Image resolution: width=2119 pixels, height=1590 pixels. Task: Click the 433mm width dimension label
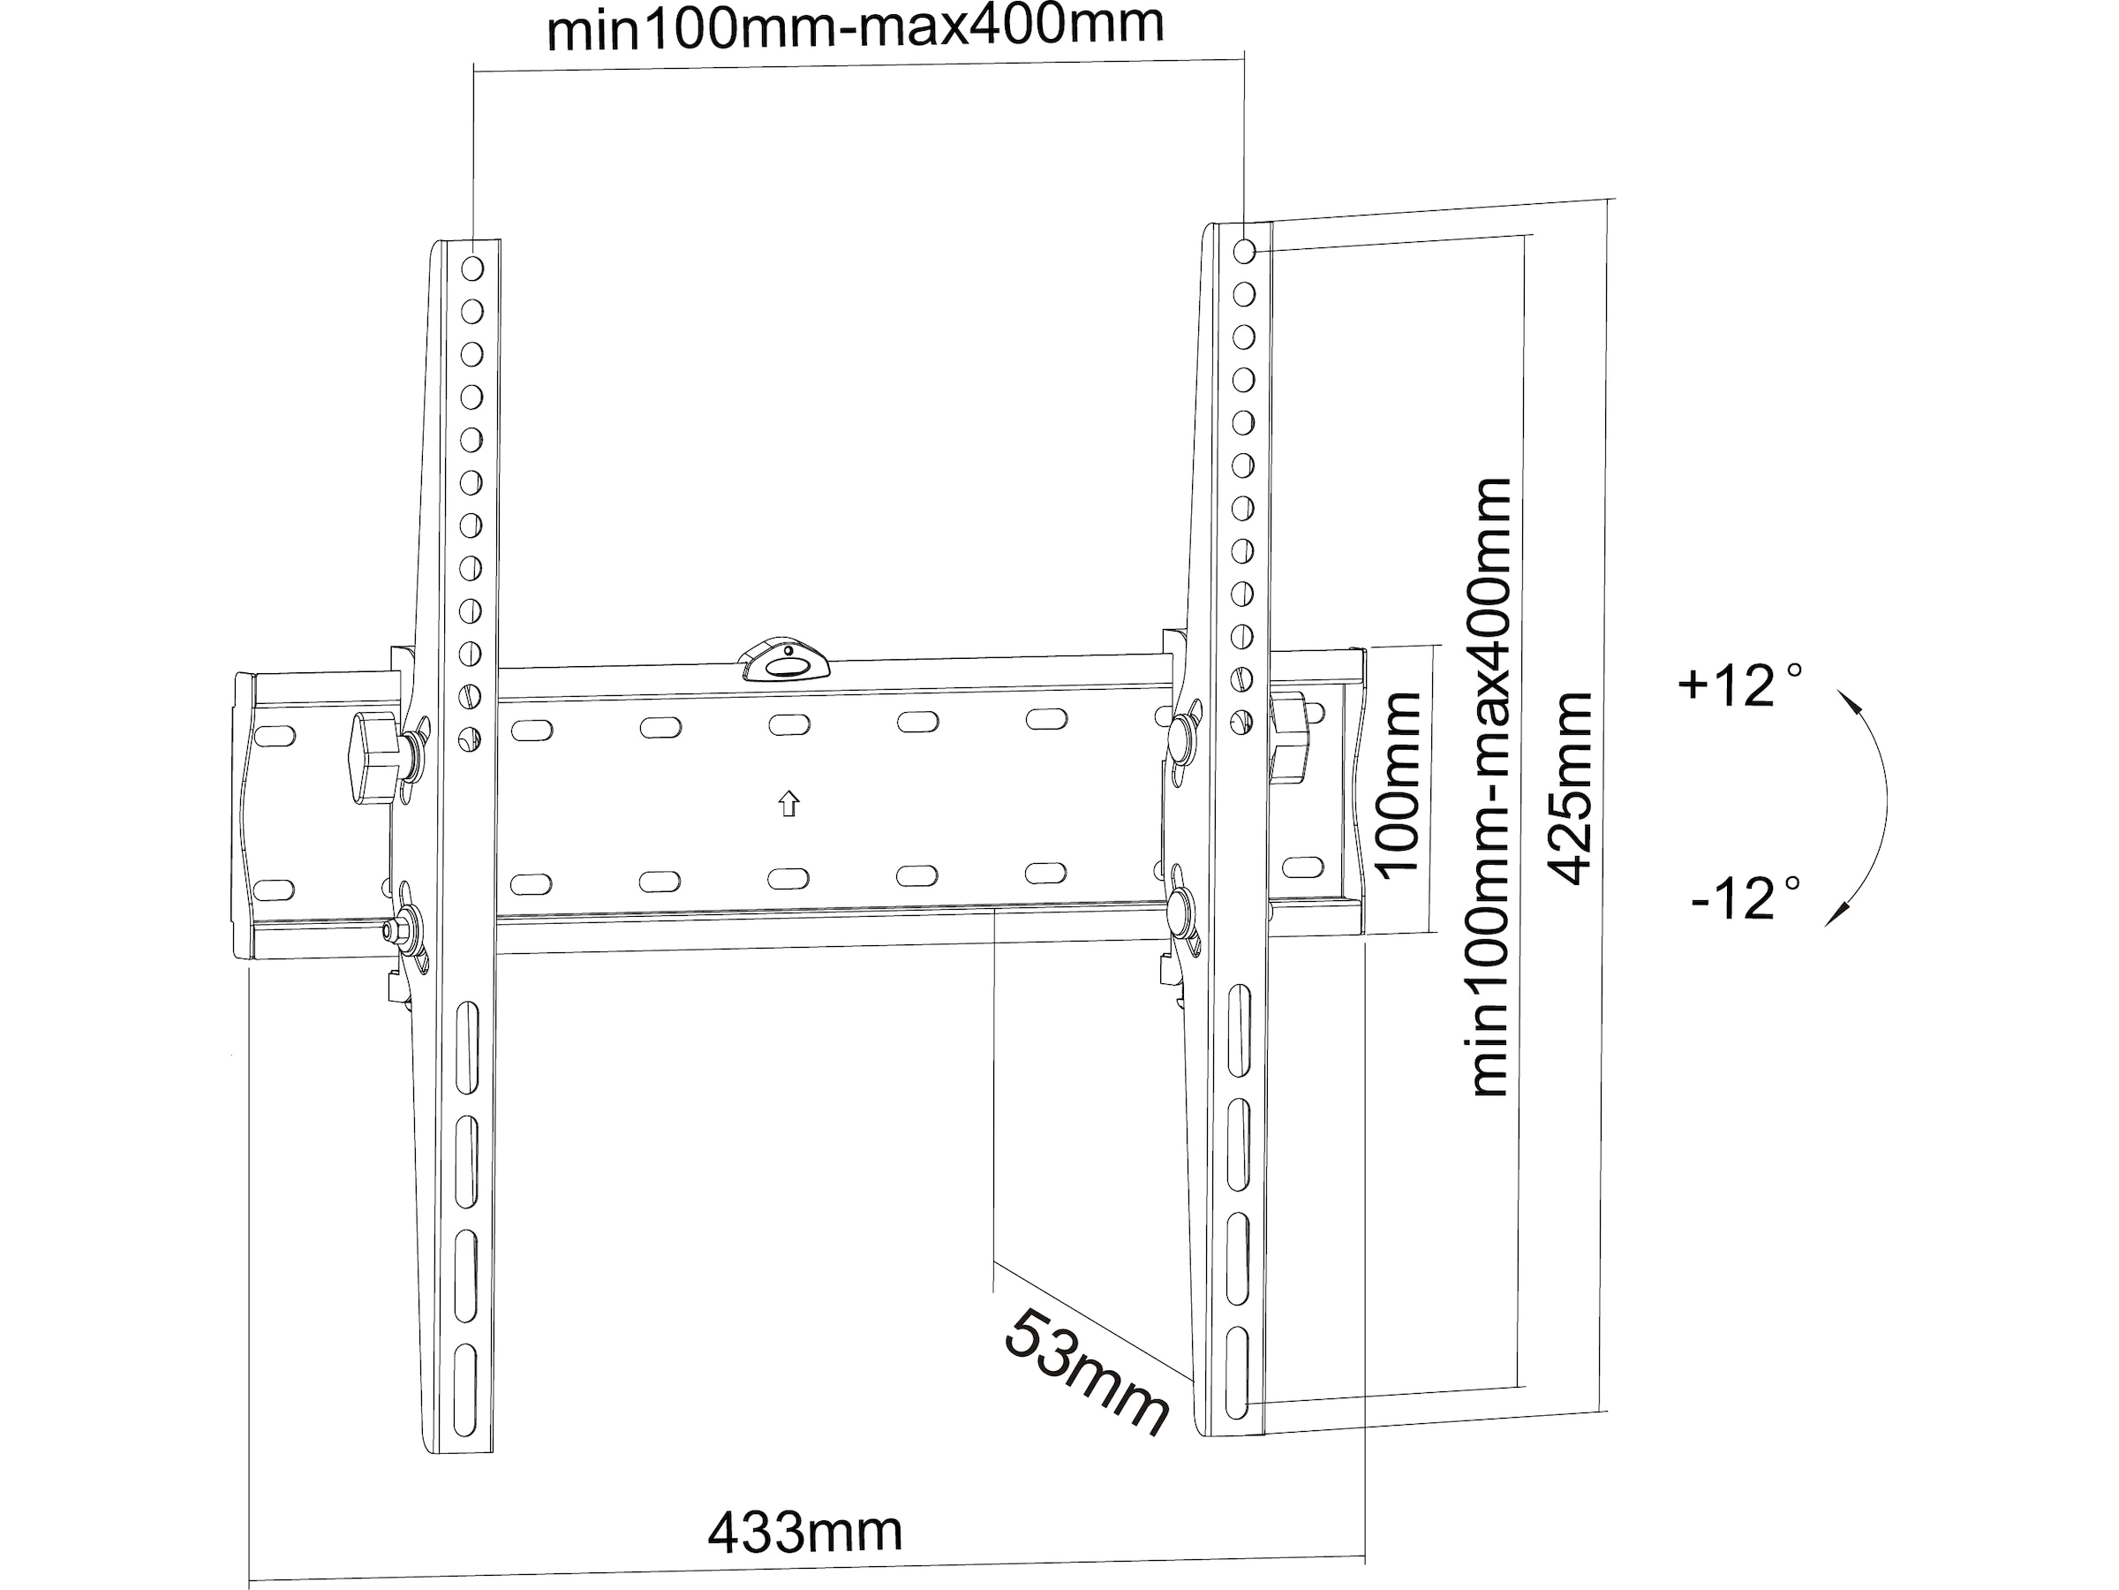[804, 1533]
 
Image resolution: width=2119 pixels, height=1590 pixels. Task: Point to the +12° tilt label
[1738, 685]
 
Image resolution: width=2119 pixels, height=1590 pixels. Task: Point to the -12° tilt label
[1745, 899]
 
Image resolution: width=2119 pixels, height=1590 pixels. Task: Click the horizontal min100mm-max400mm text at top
[855, 26]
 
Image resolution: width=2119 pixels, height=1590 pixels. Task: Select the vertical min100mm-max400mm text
[1490, 786]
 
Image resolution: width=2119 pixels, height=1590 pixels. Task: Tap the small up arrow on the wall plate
[788, 803]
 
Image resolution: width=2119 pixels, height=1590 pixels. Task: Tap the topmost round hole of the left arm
[472, 269]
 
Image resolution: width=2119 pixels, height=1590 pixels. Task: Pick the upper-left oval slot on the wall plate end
[273, 736]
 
